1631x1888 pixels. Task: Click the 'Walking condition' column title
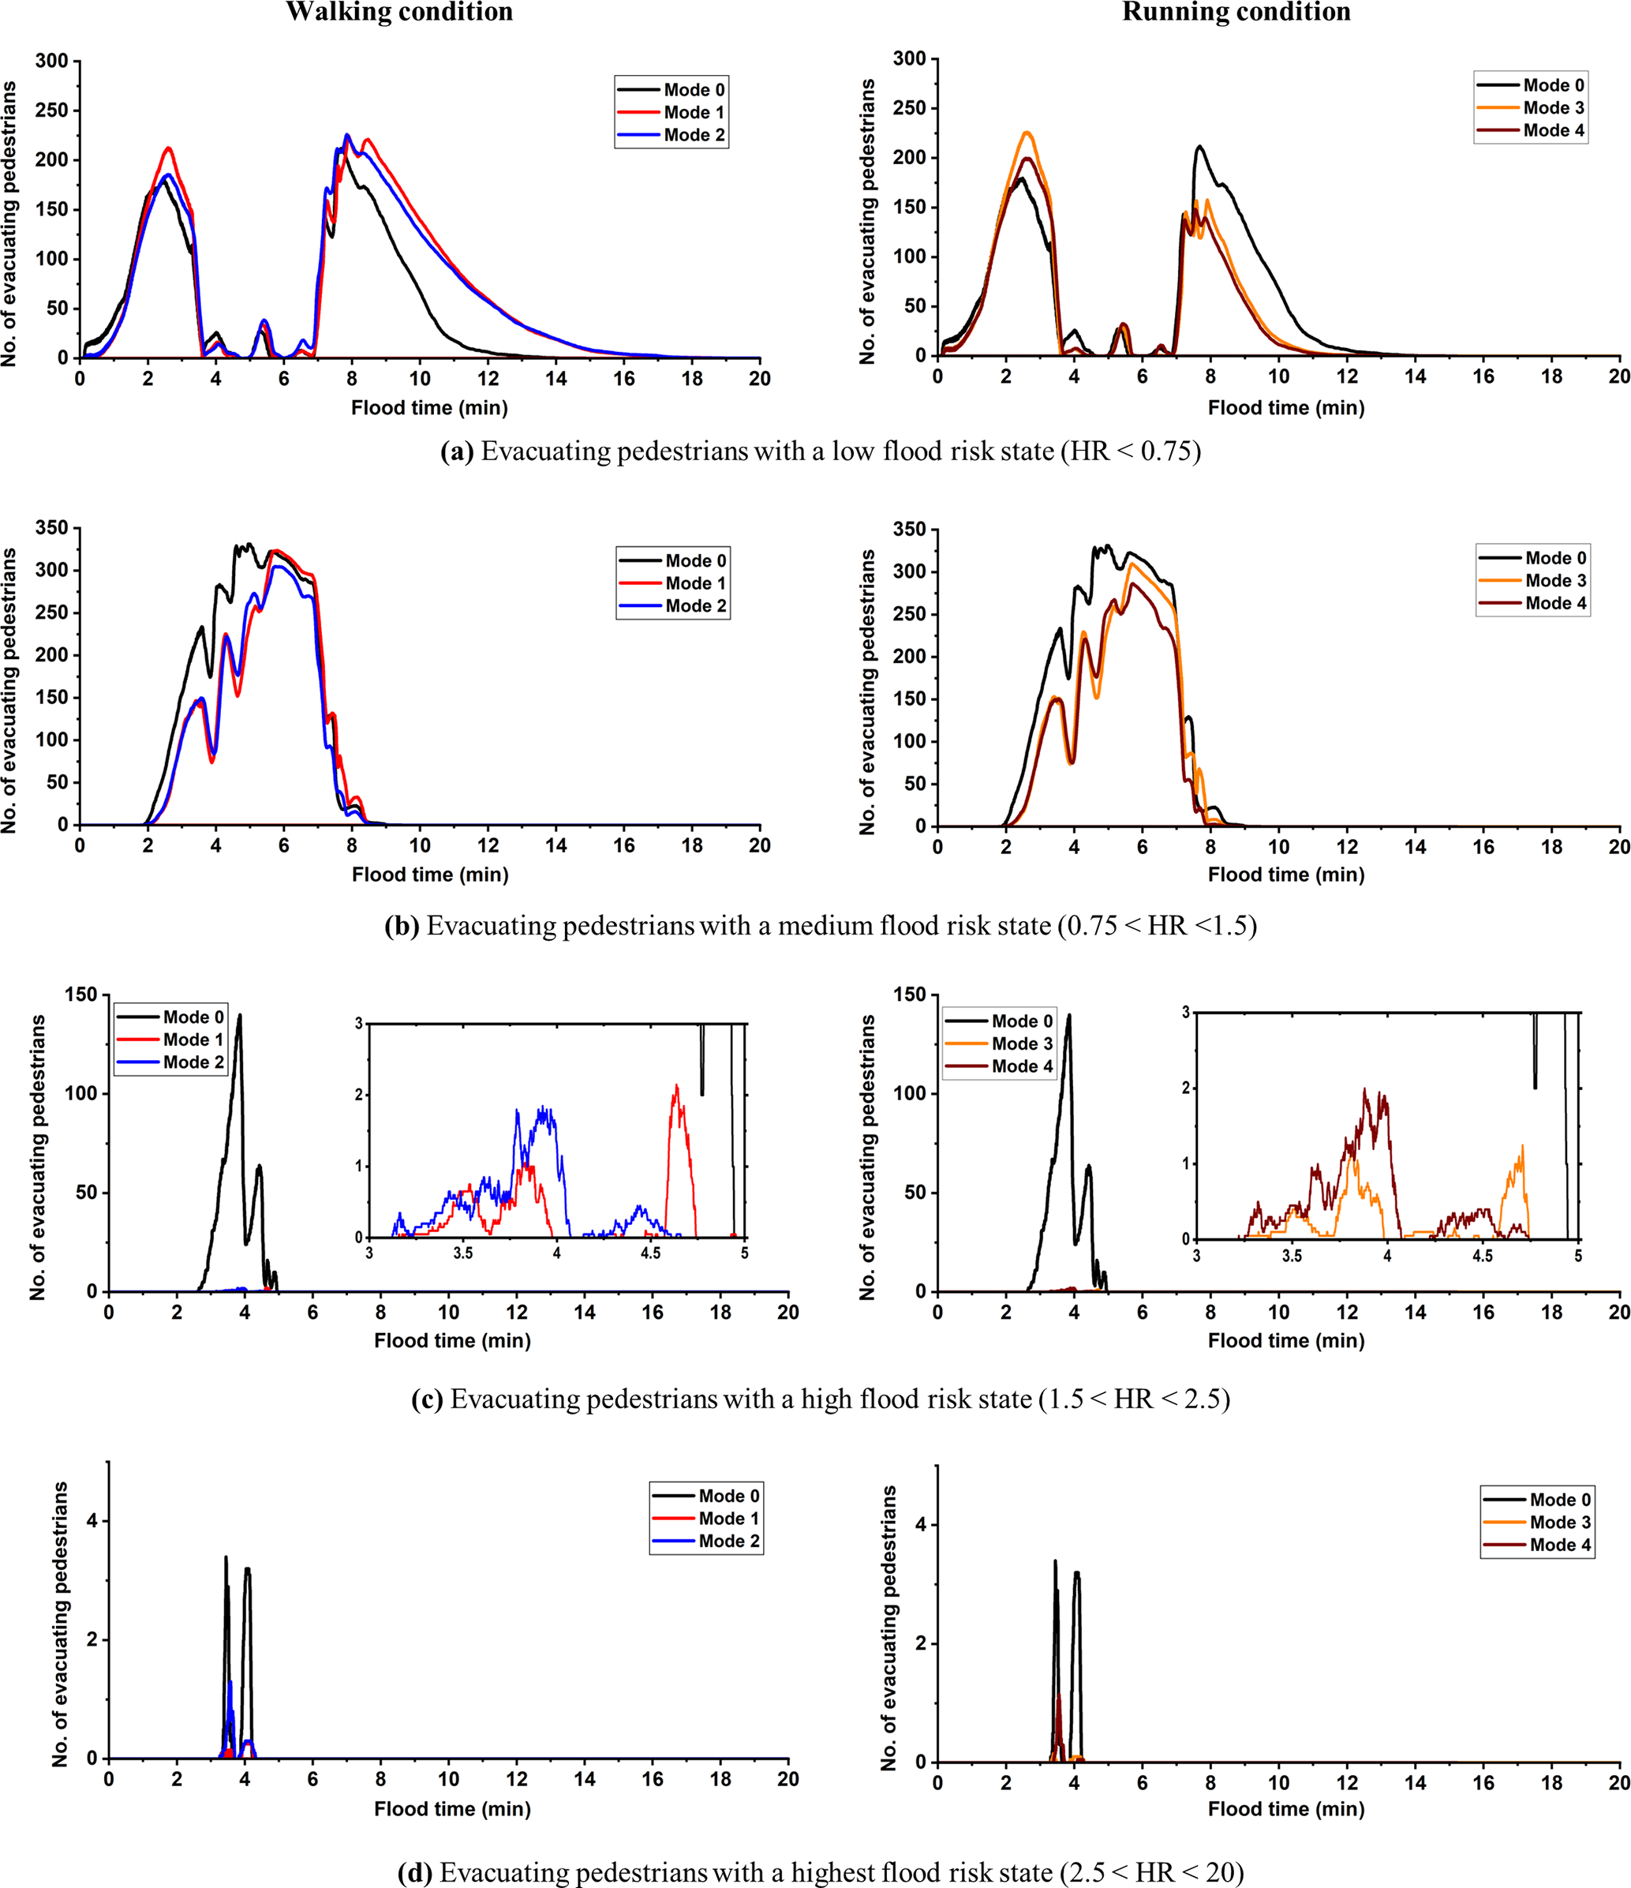pos(399,12)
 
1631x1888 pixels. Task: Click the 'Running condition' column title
pos(1236,12)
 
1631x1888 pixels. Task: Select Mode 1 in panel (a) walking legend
pos(694,112)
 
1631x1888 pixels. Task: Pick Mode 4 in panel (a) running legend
pos(1554,130)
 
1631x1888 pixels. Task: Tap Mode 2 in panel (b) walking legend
pos(695,606)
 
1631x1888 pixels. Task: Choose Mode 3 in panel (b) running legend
pos(1555,580)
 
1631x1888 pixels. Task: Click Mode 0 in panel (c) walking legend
pos(193,1017)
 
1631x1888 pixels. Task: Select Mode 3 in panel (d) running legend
pos(1560,1522)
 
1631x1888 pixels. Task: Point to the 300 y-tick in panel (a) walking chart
pos(52,61)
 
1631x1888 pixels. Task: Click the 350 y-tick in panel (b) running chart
pos(909,530)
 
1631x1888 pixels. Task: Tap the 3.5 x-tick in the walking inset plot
pos(463,1253)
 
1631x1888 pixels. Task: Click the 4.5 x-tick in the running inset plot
pos(1483,1255)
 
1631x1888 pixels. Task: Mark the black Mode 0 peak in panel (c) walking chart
pos(240,1015)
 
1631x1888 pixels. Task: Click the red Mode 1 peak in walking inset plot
pos(676,1086)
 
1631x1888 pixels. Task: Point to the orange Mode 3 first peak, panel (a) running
pos(1027,133)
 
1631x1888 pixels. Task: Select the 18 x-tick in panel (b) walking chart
pos(691,845)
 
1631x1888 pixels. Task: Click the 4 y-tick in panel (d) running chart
pos(921,1524)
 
